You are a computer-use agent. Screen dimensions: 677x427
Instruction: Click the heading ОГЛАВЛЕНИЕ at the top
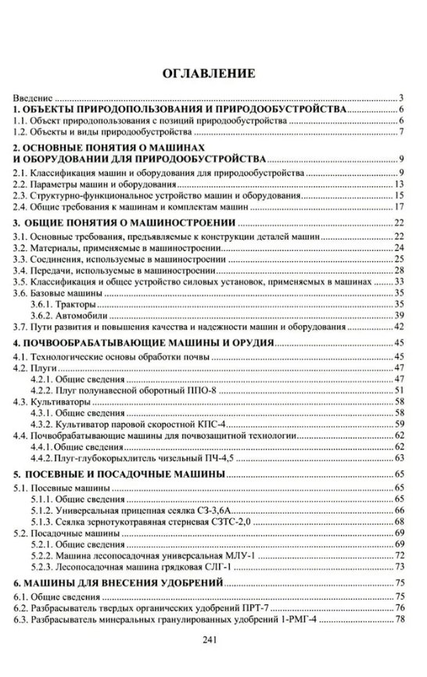(x=207, y=75)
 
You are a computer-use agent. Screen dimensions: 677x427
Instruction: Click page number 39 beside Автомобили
(x=399, y=314)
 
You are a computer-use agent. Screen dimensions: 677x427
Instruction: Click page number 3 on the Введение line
(x=401, y=99)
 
